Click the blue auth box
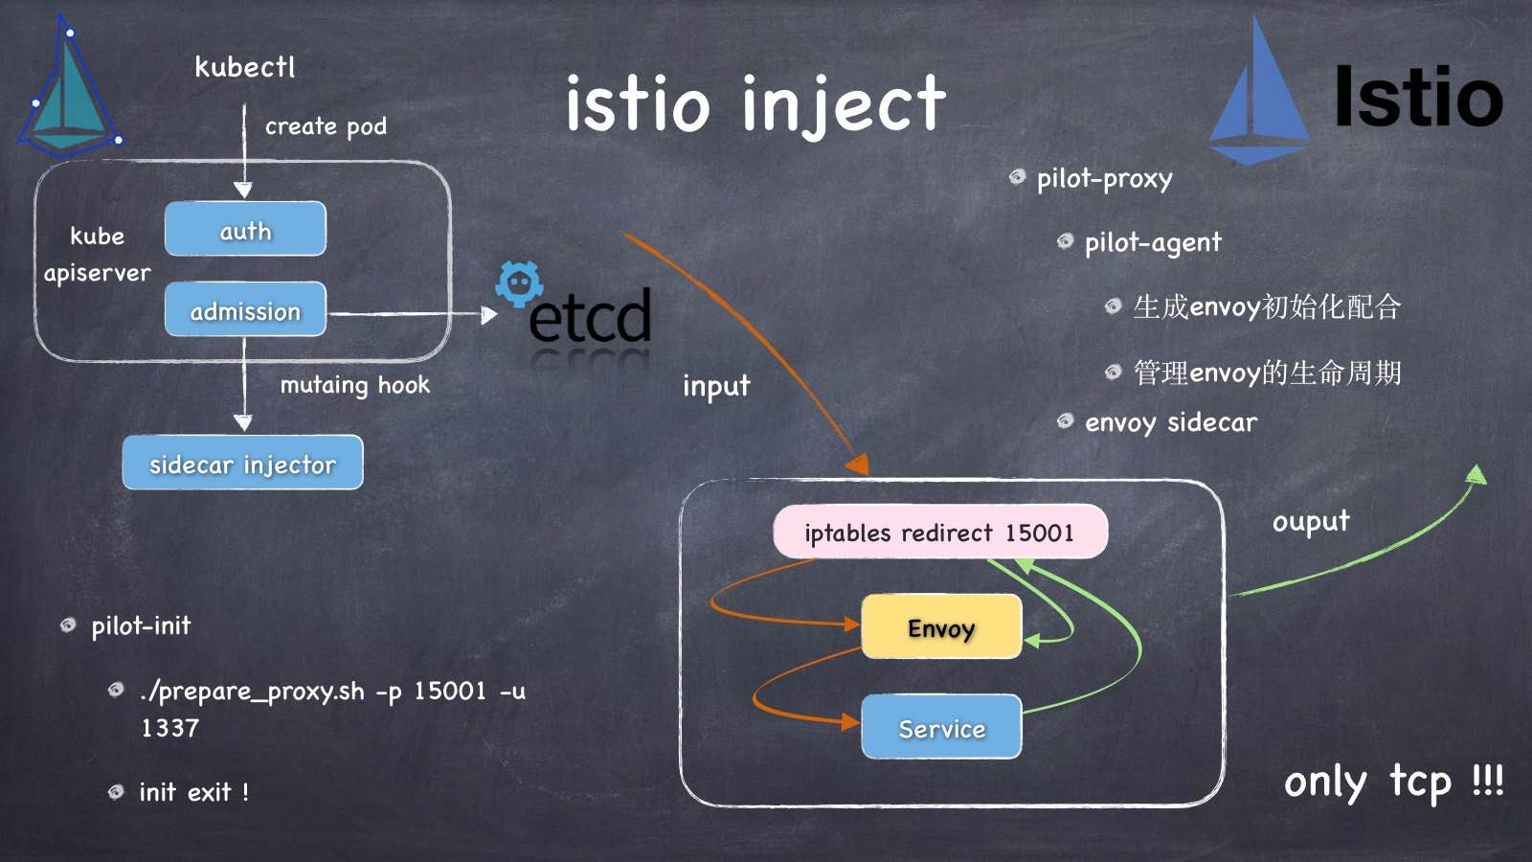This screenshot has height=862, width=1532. tap(245, 229)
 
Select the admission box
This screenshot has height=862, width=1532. tap(245, 309)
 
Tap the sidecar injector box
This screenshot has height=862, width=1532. tap(242, 463)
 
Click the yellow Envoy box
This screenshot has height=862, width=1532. tap(941, 626)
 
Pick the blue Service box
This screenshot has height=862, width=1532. tap(941, 727)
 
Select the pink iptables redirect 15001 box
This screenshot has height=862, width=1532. tap(939, 532)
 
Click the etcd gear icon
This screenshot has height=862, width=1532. tap(519, 284)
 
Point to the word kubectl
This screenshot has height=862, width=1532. tap(245, 67)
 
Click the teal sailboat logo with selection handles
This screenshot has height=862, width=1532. tap(69, 91)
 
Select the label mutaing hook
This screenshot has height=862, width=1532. tap(354, 385)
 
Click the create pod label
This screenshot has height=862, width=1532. tap(326, 126)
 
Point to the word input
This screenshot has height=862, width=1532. tap(716, 386)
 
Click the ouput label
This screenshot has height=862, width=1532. tap(1311, 521)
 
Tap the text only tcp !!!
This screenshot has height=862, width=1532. tap(1393, 782)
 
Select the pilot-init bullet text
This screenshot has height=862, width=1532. tap(141, 626)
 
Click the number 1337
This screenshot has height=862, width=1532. tap(170, 728)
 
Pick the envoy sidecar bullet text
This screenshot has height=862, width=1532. tap(1171, 422)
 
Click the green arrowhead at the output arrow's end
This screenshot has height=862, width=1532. tap(1477, 474)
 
